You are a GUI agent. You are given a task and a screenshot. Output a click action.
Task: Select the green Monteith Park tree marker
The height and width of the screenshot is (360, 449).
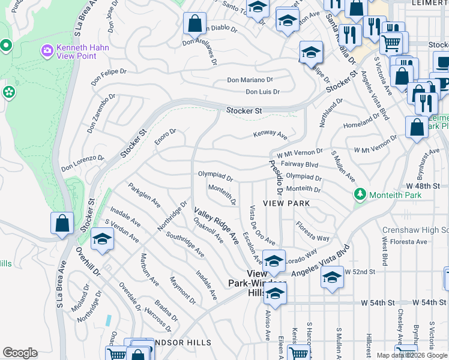[x=360, y=194]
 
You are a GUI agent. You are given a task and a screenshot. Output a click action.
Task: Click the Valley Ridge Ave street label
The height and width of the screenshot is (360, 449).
[x=215, y=224]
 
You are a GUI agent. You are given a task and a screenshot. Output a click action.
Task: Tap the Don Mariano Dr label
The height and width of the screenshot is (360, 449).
[x=250, y=80]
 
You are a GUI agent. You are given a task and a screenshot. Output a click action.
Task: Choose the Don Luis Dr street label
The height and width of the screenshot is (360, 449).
[x=263, y=92]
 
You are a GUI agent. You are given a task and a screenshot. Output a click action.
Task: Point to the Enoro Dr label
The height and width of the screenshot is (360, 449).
[x=166, y=136]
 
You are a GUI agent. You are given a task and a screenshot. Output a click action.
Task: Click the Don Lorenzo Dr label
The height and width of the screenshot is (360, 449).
[x=83, y=164]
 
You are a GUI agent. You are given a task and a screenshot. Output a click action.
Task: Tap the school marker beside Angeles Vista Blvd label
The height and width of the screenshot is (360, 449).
[x=331, y=278]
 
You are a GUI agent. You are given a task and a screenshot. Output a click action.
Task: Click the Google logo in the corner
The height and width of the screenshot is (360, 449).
[x=20, y=353]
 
